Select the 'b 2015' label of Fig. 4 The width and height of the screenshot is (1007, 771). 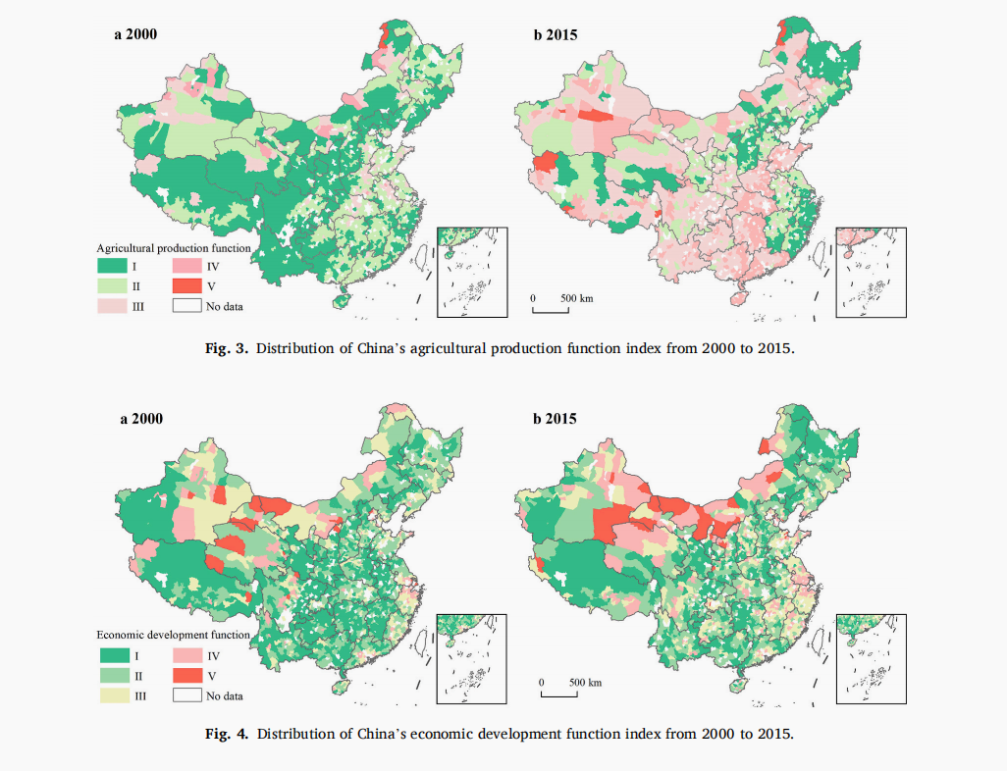[555, 419]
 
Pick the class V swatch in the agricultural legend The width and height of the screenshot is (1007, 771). [186, 285]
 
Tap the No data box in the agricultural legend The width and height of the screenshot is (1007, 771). [186, 306]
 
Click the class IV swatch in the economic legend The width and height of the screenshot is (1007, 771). [186, 654]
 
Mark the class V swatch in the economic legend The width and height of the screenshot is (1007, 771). [186, 675]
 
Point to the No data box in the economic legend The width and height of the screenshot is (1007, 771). [186, 695]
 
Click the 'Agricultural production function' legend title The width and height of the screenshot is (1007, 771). [173, 248]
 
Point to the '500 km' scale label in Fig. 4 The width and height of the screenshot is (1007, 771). [585, 682]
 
